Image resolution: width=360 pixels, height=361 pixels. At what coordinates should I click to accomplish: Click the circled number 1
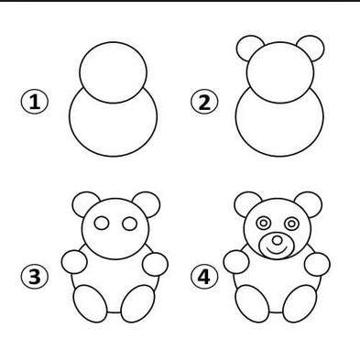click(x=35, y=102)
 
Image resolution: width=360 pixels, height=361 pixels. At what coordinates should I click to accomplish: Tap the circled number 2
click(x=204, y=102)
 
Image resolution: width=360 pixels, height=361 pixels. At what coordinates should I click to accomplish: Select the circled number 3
click(x=35, y=277)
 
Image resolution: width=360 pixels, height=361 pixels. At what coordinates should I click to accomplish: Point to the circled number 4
click(x=204, y=277)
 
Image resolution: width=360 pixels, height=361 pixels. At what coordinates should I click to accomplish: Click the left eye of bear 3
click(x=102, y=224)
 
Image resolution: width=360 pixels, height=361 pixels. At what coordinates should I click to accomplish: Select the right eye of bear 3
click(x=129, y=224)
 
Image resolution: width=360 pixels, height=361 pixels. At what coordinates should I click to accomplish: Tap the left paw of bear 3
click(x=74, y=262)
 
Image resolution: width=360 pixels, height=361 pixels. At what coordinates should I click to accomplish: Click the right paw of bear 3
click(x=155, y=264)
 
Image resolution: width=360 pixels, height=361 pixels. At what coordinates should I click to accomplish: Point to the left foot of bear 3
click(x=91, y=303)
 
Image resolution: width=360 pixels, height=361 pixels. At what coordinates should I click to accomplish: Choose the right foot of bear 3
click(x=137, y=303)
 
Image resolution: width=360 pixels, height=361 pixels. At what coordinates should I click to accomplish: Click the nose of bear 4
click(x=278, y=240)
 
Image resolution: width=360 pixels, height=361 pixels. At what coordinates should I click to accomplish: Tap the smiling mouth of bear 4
click(x=278, y=251)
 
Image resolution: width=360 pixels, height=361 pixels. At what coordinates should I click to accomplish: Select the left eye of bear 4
click(x=263, y=224)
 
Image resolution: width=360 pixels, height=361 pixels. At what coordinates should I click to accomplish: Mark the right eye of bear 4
click(x=291, y=224)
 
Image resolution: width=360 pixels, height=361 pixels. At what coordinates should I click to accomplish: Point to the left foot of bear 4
click(x=253, y=303)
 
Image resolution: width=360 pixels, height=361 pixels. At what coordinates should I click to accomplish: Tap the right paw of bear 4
click(x=317, y=264)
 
